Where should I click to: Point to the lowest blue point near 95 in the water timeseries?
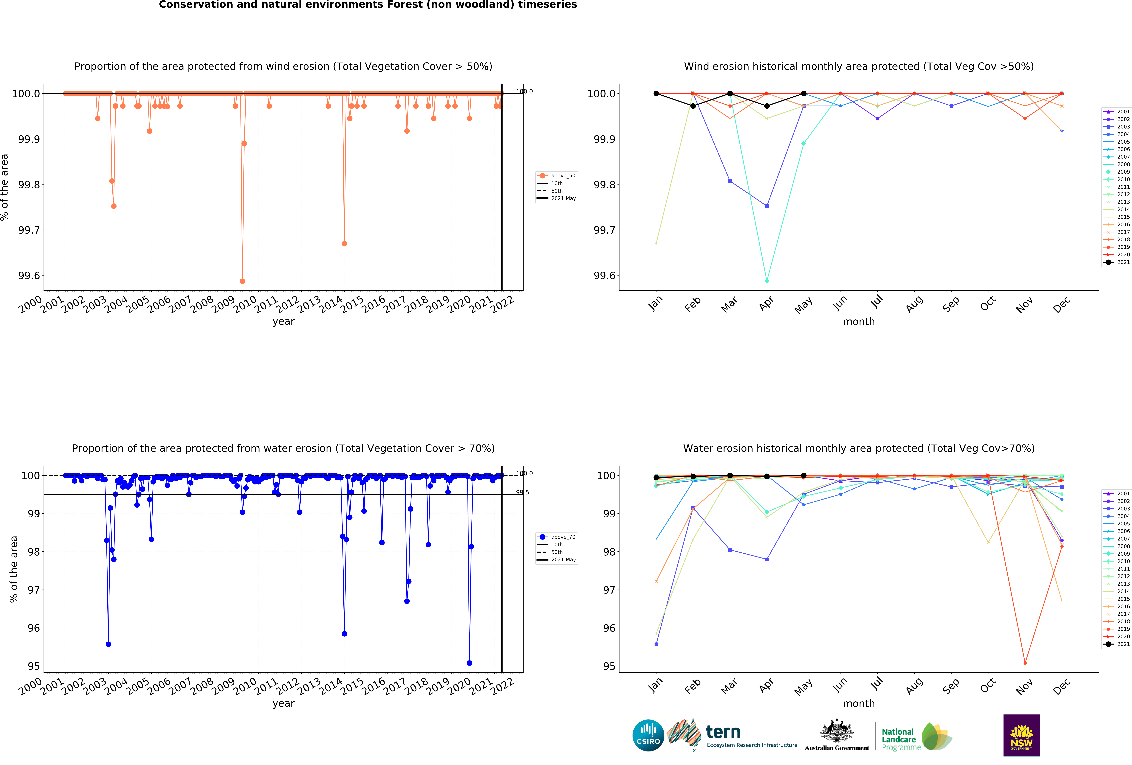469,663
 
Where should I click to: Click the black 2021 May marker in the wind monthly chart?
804,94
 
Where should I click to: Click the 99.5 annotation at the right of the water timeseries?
522,492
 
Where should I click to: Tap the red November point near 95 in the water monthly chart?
1025,663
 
